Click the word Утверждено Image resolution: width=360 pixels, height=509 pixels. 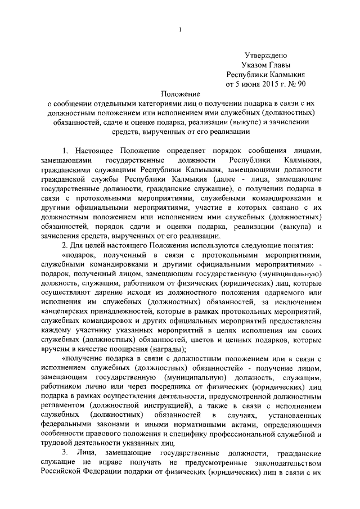click(266, 55)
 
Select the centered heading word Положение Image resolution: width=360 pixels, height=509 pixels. click(179, 94)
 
